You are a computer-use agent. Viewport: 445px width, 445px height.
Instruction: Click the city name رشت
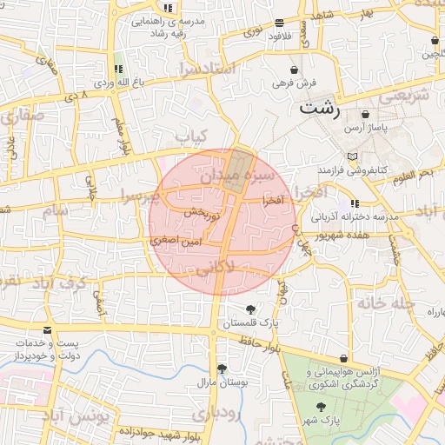tap(319, 109)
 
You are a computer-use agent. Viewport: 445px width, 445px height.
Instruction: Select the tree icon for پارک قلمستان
tap(251, 309)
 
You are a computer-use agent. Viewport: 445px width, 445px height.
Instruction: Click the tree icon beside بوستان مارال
tap(222, 369)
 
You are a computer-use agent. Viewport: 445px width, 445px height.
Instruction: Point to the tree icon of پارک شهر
tap(322, 407)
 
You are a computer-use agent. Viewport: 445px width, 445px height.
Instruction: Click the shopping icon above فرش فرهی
tap(295, 70)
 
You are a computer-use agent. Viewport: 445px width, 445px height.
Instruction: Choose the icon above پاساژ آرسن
tap(365, 114)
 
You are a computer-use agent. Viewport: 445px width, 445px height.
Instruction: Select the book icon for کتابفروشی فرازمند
tap(351, 156)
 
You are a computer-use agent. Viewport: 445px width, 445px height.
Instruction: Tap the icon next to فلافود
tap(278, 23)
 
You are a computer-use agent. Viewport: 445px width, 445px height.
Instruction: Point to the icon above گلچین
tap(434, 40)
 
